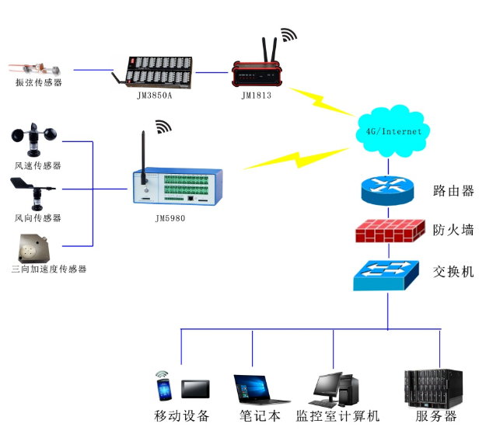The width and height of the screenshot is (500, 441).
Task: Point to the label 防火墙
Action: pos(453,231)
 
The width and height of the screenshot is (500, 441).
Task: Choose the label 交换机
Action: pos(453,272)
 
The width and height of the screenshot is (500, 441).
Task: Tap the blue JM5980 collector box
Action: pos(180,187)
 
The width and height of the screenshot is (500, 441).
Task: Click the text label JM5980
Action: pos(170,219)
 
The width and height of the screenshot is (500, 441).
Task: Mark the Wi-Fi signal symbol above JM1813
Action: pos(288,35)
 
